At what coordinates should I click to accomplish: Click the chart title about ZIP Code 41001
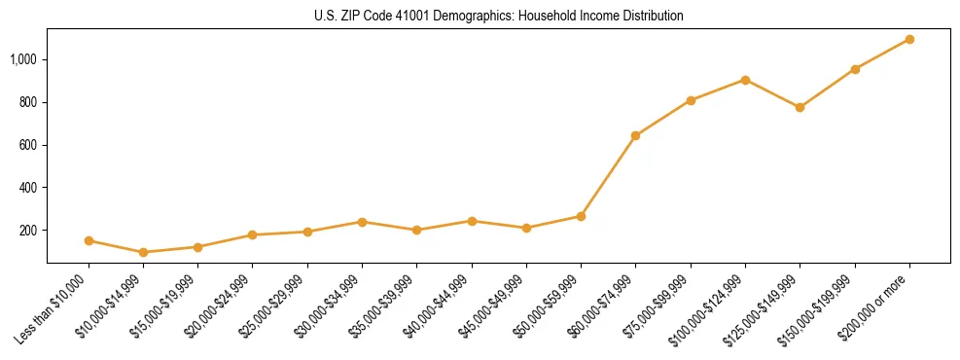(498, 17)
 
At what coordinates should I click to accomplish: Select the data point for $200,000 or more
(909, 40)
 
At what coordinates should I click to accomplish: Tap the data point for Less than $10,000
(89, 240)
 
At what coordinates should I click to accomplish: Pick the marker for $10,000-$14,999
(144, 252)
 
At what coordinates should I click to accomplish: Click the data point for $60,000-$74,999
(635, 135)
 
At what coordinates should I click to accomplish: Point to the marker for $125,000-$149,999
(800, 107)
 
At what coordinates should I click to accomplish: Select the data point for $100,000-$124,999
(745, 80)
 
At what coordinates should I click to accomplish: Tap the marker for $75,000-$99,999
(691, 100)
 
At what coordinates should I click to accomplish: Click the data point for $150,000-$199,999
(855, 69)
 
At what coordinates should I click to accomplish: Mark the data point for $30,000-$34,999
(362, 222)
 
